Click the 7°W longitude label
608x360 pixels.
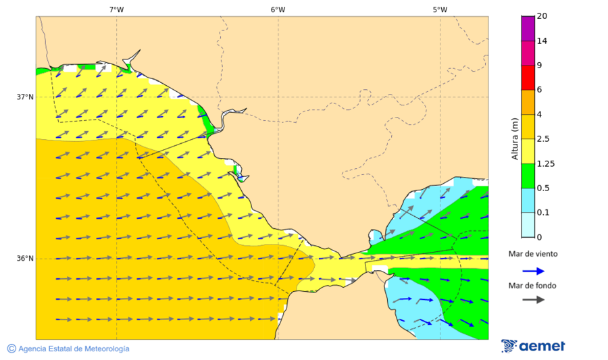click(x=116, y=9)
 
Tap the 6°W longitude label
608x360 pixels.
click(x=278, y=9)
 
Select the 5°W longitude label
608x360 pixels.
click(x=440, y=9)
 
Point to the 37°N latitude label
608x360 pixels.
click(x=25, y=97)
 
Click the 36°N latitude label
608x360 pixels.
click(x=25, y=259)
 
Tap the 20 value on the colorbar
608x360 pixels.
click(x=542, y=16)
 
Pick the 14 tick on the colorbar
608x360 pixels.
click(x=542, y=41)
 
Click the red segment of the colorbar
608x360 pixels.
click(x=528, y=77)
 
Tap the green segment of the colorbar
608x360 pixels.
click(x=528, y=176)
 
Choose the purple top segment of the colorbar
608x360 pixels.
click(x=528, y=28)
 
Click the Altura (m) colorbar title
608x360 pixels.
click(x=515, y=141)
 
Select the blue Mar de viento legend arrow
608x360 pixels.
click(x=533, y=271)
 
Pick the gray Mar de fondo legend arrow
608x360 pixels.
click(x=533, y=299)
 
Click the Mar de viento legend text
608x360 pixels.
click(x=533, y=254)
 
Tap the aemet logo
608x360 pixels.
click(x=533, y=346)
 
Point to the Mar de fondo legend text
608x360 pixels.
click(x=533, y=286)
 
